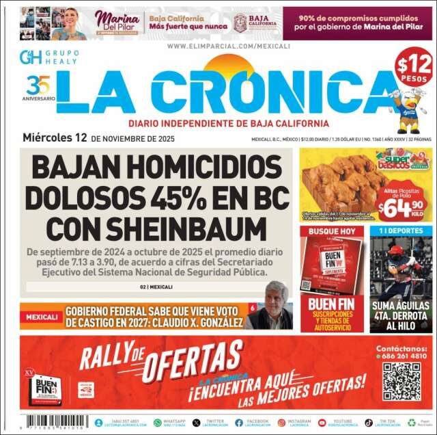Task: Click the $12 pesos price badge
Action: coord(414,69)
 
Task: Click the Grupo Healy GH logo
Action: coord(31,57)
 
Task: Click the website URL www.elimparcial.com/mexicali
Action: coord(218,46)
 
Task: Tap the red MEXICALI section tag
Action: coord(41,317)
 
